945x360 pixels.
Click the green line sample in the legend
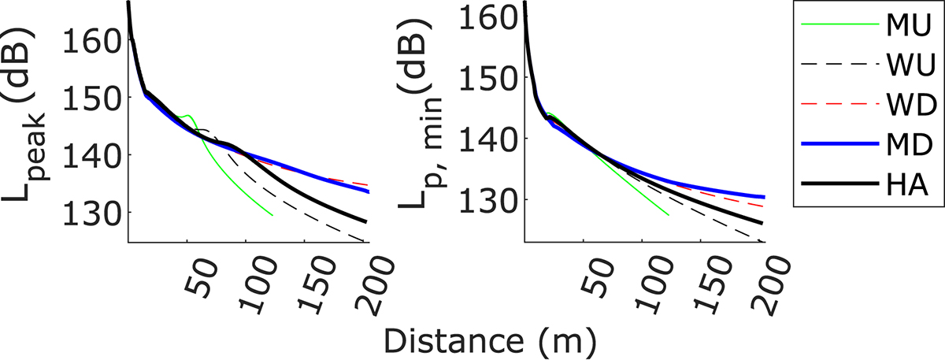point(841,24)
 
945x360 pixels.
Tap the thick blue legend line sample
point(841,143)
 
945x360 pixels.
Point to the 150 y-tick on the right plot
point(492,77)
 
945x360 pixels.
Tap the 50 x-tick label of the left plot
point(198,273)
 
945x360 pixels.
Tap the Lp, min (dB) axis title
point(426,126)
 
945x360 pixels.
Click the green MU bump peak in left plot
point(188,115)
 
